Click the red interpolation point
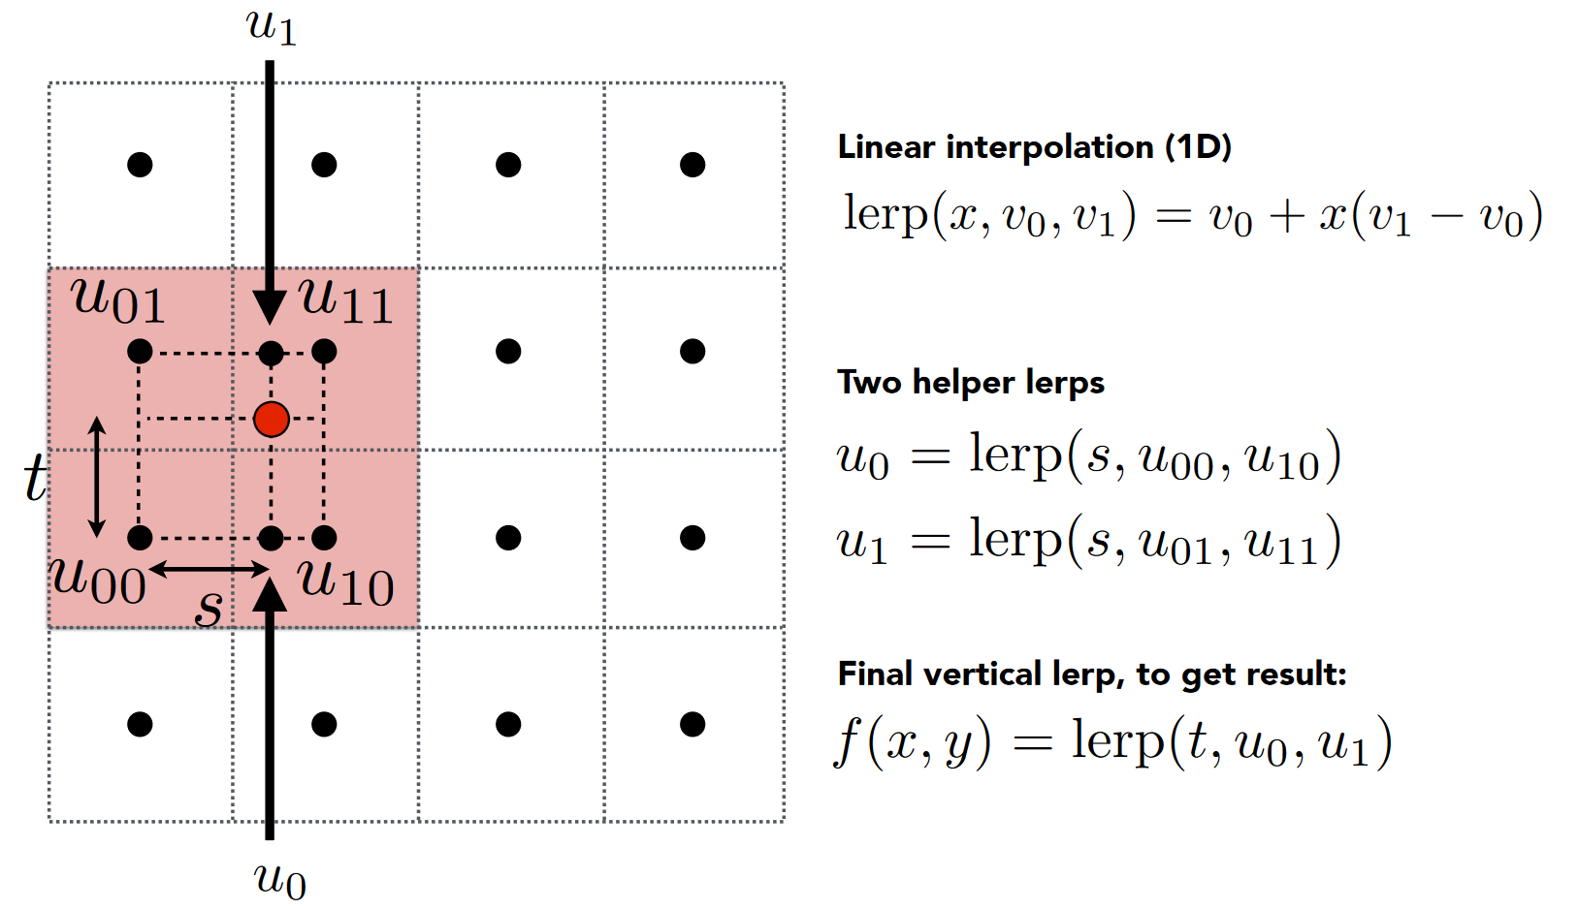click(x=272, y=420)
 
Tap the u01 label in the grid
click(x=118, y=300)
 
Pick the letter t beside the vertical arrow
click(x=36, y=478)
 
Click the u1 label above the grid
click(x=271, y=26)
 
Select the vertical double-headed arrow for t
click(x=97, y=477)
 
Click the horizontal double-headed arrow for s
click(x=209, y=570)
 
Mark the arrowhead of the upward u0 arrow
click(x=270, y=593)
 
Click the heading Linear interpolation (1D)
click(x=1034, y=147)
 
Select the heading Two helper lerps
click(x=970, y=383)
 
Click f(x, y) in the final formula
click(x=913, y=743)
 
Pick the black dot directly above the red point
click(x=272, y=353)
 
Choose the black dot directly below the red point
click(x=272, y=538)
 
